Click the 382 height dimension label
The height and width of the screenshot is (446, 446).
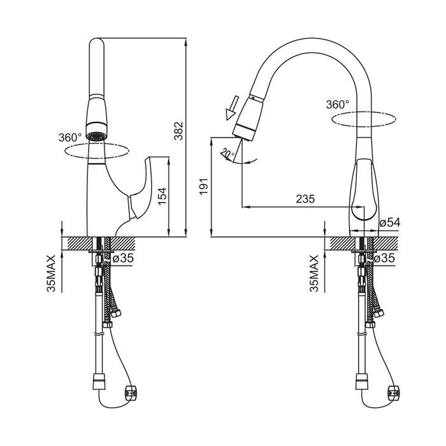point(178,131)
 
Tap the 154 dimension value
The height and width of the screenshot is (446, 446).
point(162,196)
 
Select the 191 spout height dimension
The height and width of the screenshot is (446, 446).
point(204,186)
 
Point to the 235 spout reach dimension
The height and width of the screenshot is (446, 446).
point(305,199)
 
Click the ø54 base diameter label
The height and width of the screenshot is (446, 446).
point(390,222)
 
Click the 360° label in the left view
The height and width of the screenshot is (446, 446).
point(70,138)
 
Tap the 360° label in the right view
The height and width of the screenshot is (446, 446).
point(338,104)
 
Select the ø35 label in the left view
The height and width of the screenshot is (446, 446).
point(123,258)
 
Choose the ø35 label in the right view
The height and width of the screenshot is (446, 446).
point(385,258)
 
